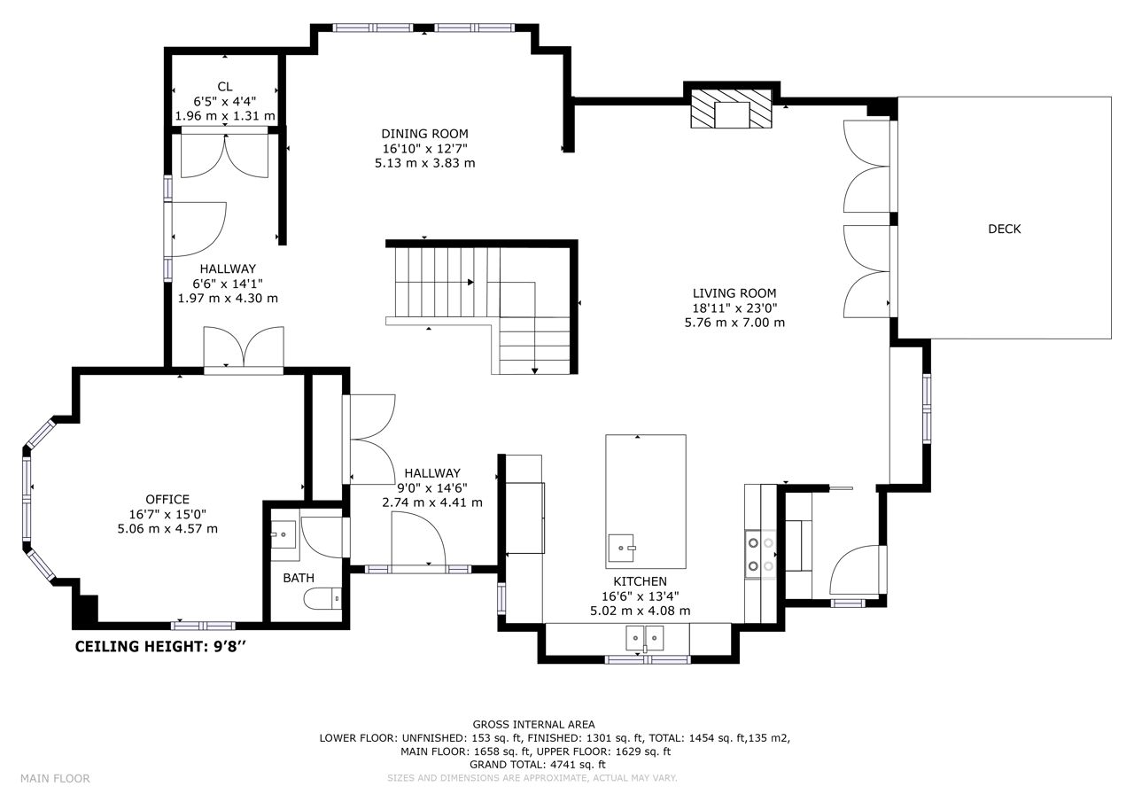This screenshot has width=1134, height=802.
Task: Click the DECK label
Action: pos(1005,230)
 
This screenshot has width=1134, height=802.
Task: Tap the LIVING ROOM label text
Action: pos(734,293)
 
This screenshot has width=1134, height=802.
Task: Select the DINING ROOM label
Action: pos(424,134)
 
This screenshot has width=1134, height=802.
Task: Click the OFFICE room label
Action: pos(167,500)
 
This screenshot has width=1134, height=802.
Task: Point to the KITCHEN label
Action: pos(641,581)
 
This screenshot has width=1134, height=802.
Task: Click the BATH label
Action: pos(299,578)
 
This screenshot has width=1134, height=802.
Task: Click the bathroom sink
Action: pos(283,534)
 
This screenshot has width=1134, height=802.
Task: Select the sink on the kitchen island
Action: pos(621,548)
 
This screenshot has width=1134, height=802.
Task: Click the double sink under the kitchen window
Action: pos(644,638)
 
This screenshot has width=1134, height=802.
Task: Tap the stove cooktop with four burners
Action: pos(761,554)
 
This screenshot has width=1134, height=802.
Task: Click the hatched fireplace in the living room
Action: pos(732,109)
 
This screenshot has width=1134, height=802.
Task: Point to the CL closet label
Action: pos(225,87)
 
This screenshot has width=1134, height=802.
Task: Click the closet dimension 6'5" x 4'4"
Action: pos(225,101)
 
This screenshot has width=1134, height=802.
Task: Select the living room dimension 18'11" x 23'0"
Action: pos(734,308)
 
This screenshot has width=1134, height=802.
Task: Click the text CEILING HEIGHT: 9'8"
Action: pos(161,647)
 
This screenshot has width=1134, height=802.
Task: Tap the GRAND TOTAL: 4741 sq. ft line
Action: pos(537,765)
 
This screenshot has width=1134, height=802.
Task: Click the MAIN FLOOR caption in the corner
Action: pos(55,779)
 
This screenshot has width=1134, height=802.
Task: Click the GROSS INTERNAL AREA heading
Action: pos(533,725)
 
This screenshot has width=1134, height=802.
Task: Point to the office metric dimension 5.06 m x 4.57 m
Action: pos(167,529)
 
